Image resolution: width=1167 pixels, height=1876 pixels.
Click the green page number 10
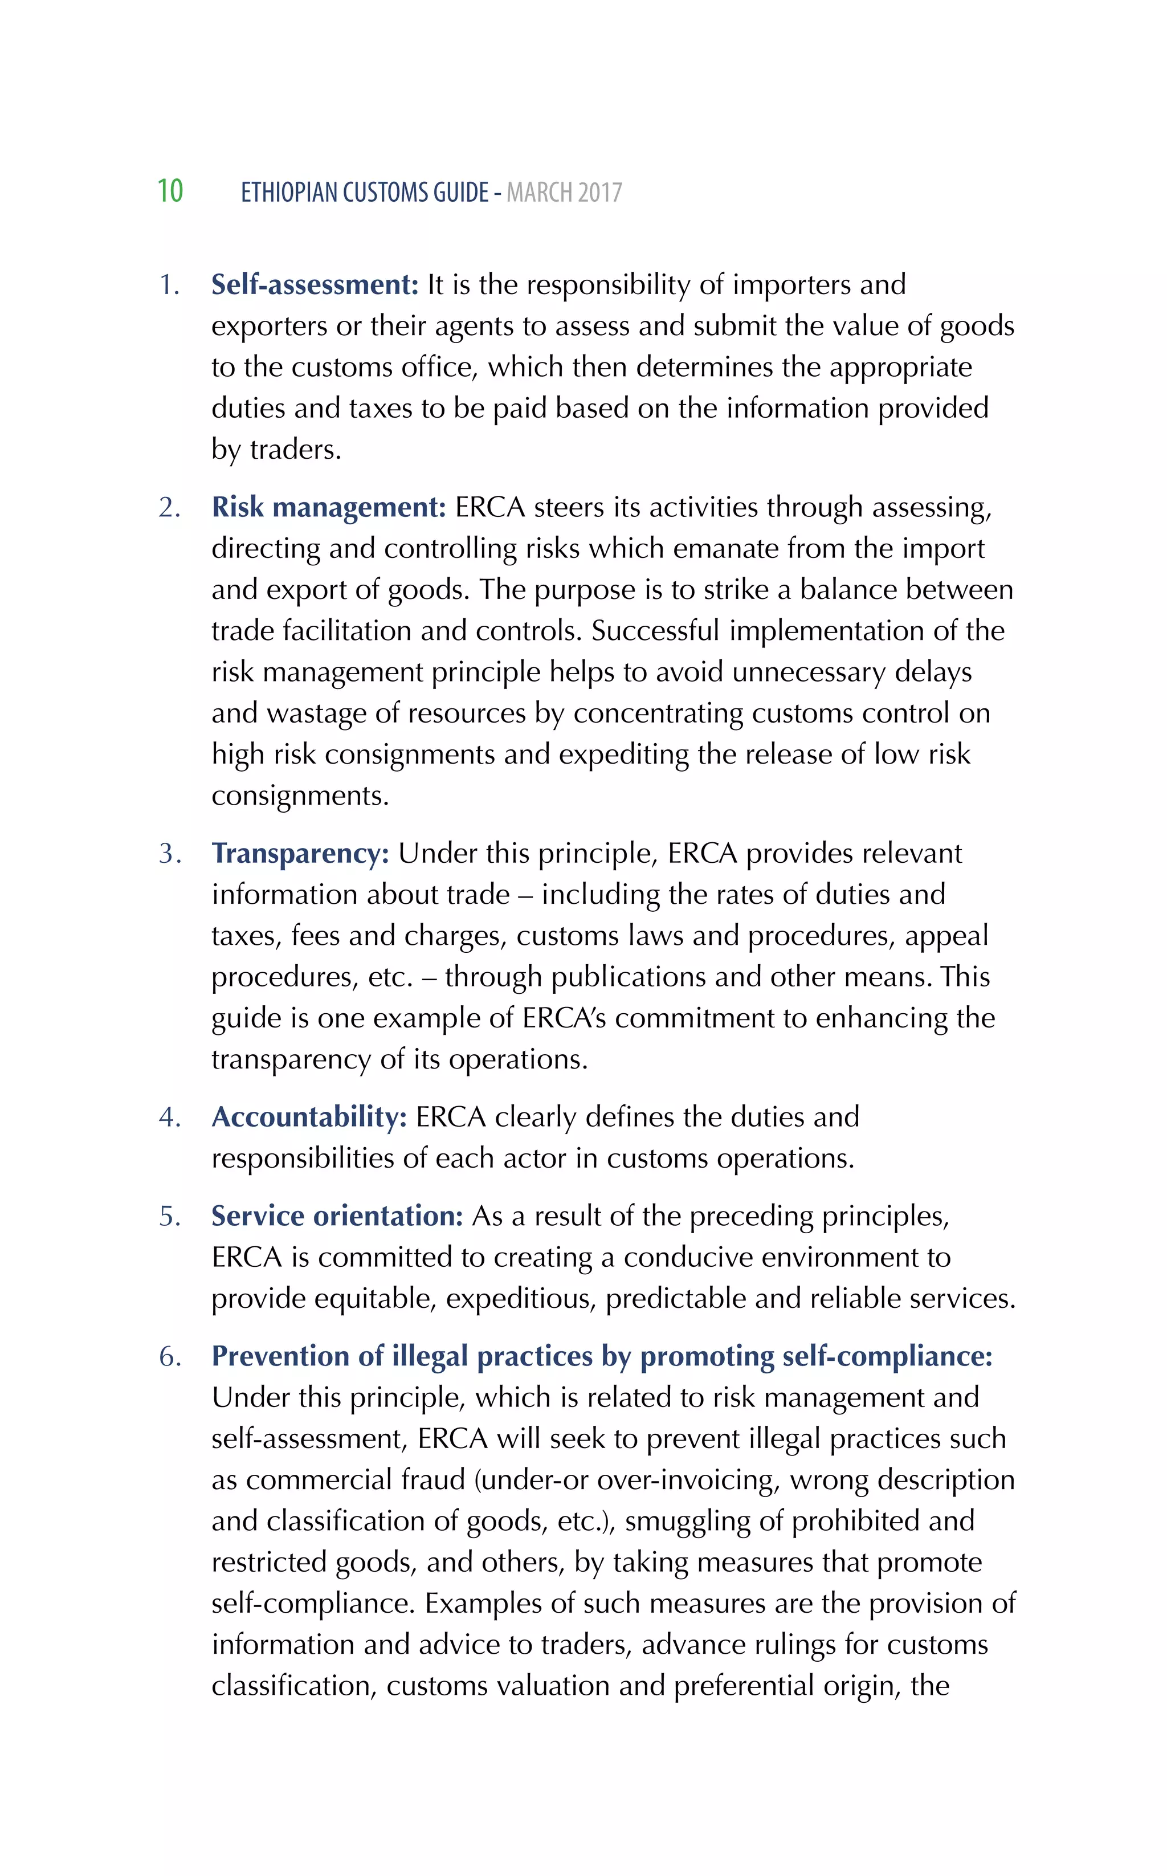click(x=170, y=191)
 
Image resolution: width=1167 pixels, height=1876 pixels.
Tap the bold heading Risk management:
click(x=329, y=507)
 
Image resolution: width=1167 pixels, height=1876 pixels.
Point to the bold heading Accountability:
click(x=309, y=1116)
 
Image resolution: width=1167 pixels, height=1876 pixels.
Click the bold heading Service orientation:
click(x=337, y=1216)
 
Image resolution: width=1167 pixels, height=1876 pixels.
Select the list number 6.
click(x=169, y=1356)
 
